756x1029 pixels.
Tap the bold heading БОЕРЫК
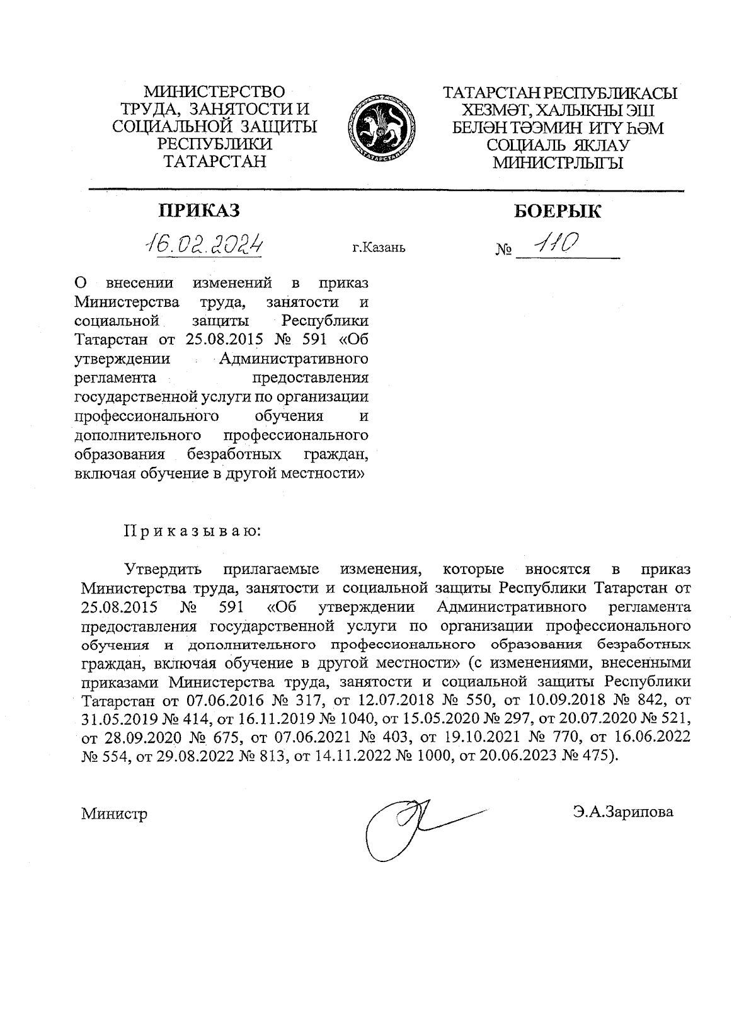(x=558, y=211)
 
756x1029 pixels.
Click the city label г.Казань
(x=379, y=247)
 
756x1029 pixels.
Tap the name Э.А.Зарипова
(x=623, y=812)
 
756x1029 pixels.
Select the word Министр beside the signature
(x=114, y=813)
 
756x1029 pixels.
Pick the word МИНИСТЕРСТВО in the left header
(x=214, y=93)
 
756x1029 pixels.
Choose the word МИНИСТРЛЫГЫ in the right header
(x=558, y=164)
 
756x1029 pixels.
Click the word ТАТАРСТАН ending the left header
(x=214, y=161)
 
